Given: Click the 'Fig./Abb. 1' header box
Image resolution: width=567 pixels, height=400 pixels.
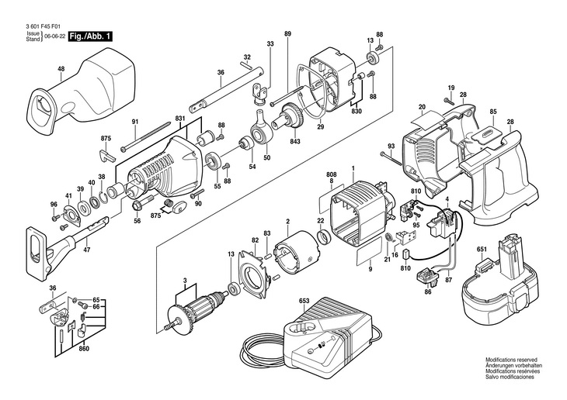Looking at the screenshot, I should [91, 36].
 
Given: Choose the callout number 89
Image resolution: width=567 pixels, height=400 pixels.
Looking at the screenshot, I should [287, 33].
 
